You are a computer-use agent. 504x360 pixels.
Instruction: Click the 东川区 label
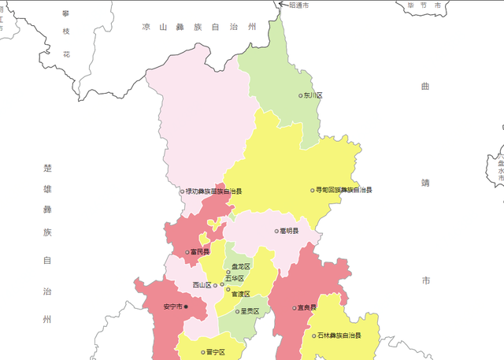point(313,95)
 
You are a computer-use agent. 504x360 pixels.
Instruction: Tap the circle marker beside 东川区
point(301,95)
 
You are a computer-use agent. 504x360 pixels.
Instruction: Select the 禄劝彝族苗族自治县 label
point(214,191)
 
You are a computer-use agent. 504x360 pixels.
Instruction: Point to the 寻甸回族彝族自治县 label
point(344,190)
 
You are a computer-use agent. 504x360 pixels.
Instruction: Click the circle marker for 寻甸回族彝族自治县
point(312,190)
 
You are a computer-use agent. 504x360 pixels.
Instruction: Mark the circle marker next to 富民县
point(187,253)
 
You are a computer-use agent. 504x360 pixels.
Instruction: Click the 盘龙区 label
point(240,267)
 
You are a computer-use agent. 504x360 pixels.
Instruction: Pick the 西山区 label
point(202,285)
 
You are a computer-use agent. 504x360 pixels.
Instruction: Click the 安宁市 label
point(172,306)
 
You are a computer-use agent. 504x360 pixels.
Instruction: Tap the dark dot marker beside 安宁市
point(186,306)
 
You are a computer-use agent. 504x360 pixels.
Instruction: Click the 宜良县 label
point(306,307)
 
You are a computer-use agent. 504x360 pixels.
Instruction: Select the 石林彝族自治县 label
point(339,336)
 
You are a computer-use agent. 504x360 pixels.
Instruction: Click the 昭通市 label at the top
point(298,5)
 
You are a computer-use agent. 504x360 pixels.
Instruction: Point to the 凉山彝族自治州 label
point(199,27)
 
